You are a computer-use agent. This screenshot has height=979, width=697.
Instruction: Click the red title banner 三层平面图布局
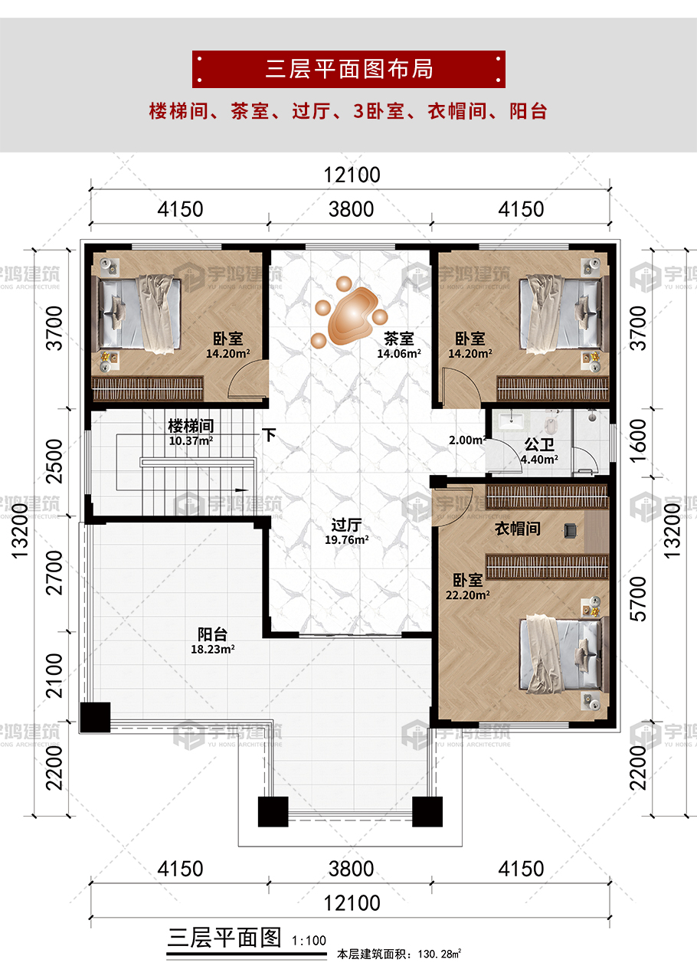click(x=348, y=69)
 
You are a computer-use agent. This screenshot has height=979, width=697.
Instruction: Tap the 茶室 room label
click(x=398, y=339)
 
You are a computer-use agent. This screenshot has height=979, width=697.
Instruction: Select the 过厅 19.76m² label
click(x=346, y=532)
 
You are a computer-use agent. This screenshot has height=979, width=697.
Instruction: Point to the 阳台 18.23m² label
click(x=213, y=640)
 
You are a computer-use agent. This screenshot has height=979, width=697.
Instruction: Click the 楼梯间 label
click(x=191, y=425)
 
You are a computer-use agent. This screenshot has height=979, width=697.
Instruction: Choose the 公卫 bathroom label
click(x=539, y=444)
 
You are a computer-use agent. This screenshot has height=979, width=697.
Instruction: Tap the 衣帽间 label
click(x=518, y=529)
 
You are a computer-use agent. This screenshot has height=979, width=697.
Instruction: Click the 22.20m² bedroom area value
click(x=467, y=594)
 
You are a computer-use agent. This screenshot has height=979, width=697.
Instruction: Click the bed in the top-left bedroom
click(x=141, y=314)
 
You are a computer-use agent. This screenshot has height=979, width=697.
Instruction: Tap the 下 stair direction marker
click(x=269, y=435)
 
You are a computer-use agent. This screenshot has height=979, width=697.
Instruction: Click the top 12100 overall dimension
click(x=352, y=175)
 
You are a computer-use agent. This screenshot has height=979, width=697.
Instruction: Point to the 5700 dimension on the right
click(x=639, y=598)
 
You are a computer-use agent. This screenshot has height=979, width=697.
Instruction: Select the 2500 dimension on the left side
click(x=54, y=460)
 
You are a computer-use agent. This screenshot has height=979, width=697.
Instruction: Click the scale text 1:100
click(x=309, y=940)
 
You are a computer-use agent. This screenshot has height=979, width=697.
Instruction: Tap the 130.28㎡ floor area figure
click(x=439, y=954)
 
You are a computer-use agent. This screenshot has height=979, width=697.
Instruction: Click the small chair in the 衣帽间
click(x=570, y=530)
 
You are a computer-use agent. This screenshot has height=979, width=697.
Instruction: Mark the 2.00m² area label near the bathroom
click(x=467, y=440)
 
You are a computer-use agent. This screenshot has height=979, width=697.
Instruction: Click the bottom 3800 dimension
click(x=352, y=869)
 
